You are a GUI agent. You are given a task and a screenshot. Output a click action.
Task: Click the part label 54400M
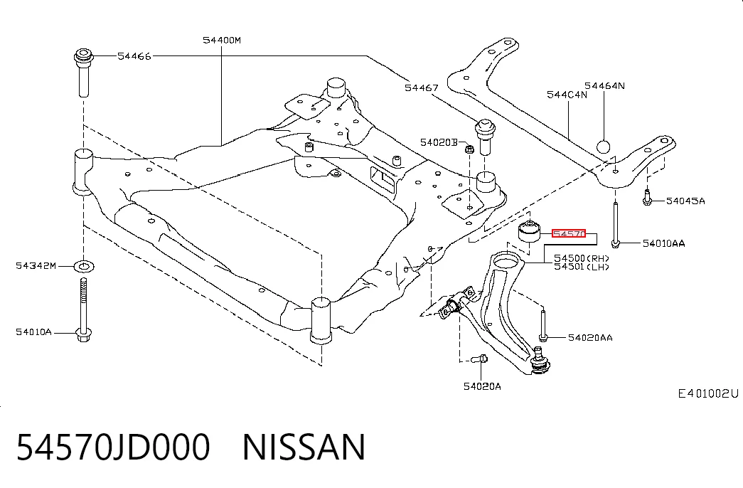click(222, 41)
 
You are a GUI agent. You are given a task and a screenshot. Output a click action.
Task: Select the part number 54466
click(134, 56)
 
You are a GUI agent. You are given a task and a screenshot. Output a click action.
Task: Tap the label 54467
click(421, 87)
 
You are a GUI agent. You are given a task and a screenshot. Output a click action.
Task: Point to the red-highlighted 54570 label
click(569, 234)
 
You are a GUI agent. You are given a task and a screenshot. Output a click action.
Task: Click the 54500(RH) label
click(582, 258)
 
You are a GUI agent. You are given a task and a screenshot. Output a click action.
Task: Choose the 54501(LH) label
click(582, 267)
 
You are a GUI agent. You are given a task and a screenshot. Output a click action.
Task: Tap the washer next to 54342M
click(85, 266)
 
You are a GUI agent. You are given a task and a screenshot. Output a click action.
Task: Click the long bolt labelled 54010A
click(84, 309)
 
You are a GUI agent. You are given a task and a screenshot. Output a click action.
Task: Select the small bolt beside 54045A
click(647, 197)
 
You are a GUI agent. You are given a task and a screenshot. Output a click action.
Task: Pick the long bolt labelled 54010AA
click(615, 225)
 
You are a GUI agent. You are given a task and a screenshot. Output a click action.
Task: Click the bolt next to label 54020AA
click(543, 326)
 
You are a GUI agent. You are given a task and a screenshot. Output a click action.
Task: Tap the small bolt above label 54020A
click(481, 359)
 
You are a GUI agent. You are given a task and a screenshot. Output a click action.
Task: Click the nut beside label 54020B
click(469, 149)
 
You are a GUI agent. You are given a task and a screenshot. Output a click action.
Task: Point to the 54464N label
click(604, 86)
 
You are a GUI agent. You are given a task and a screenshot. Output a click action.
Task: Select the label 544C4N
click(567, 95)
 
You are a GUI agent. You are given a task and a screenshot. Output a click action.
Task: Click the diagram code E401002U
click(708, 393)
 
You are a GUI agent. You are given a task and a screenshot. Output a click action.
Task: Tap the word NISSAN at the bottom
click(304, 447)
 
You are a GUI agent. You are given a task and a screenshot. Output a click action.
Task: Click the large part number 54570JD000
click(113, 447)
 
